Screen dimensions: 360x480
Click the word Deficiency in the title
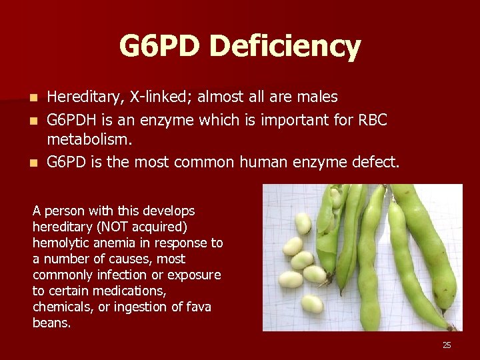tap(285, 47)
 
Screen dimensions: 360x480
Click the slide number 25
tap(447, 345)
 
